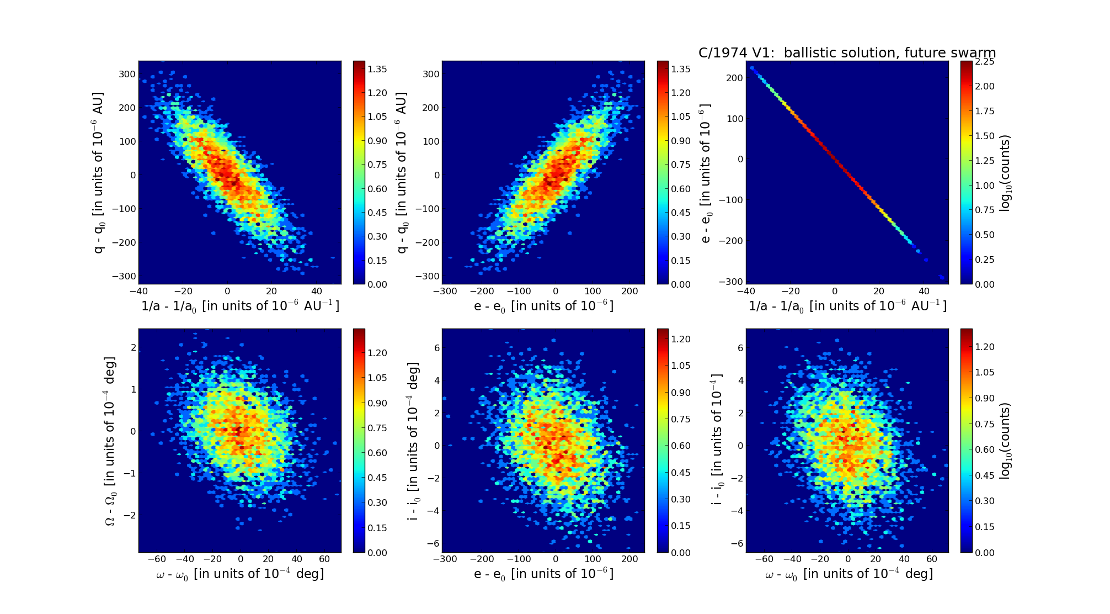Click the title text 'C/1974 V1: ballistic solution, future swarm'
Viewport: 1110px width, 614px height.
click(x=847, y=53)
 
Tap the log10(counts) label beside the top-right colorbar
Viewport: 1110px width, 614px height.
click(x=1005, y=173)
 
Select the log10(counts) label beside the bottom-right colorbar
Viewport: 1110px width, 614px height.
click(x=1005, y=441)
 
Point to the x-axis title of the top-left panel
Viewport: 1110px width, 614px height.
click(x=240, y=306)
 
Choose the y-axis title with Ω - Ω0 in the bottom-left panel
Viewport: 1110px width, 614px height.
click(x=110, y=441)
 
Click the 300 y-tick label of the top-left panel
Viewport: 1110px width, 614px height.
click(x=127, y=75)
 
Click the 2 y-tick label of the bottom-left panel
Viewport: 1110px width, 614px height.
click(x=133, y=347)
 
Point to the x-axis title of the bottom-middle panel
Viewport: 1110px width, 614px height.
click(x=543, y=574)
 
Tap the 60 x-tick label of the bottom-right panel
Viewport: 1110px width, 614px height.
click(x=932, y=559)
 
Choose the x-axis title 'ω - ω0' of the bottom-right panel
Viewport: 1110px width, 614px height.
click(x=848, y=574)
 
